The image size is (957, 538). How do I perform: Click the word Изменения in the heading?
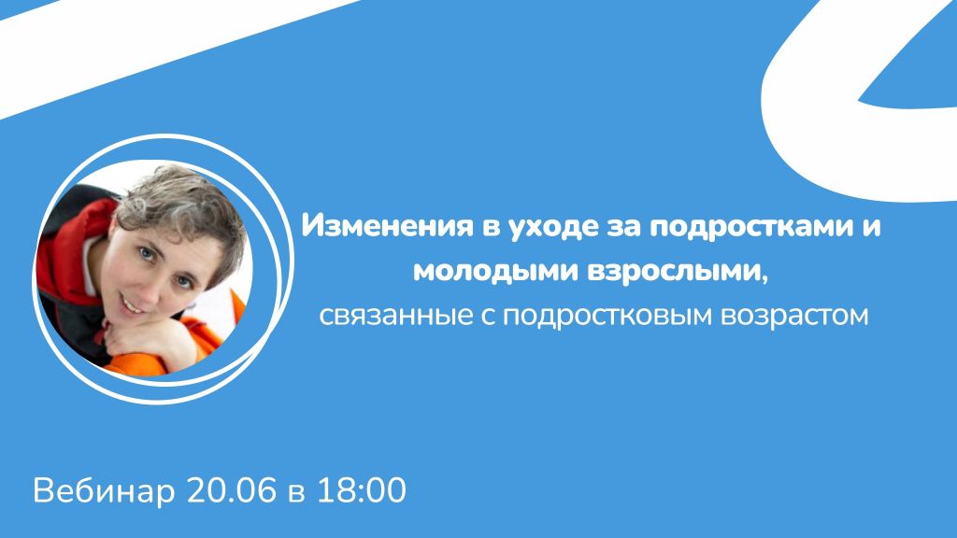coord(388,226)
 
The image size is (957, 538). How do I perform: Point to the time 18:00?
coord(362,489)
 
